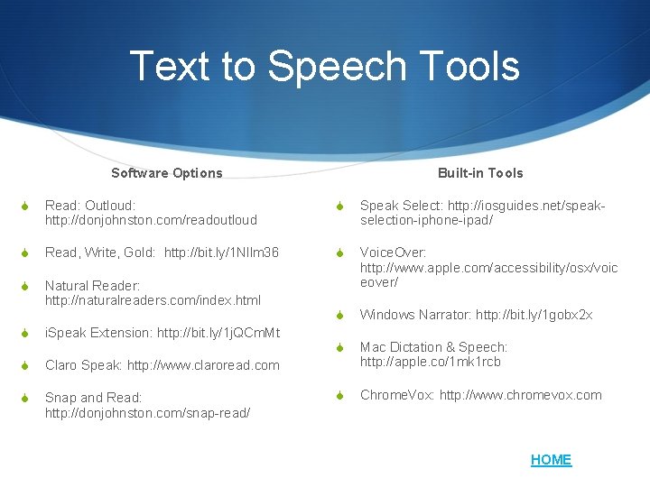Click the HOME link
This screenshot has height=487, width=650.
click(551, 460)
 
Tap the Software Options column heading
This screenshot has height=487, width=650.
click(166, 173)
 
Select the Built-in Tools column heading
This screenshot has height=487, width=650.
click(480, 173)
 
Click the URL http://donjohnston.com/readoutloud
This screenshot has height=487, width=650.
click(151, 220)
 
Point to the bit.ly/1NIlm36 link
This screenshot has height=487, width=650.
click(221, 253)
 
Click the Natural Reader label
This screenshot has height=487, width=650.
click(92, 285)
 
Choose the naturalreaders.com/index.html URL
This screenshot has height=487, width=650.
click(153, 299)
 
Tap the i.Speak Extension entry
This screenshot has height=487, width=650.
click(99, 333)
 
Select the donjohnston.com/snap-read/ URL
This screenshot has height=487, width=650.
click(147, 412)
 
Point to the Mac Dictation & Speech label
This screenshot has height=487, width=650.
click(433, 347)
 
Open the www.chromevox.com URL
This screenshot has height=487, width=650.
click(520, 395)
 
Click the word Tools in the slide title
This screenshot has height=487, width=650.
click(470, 66)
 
